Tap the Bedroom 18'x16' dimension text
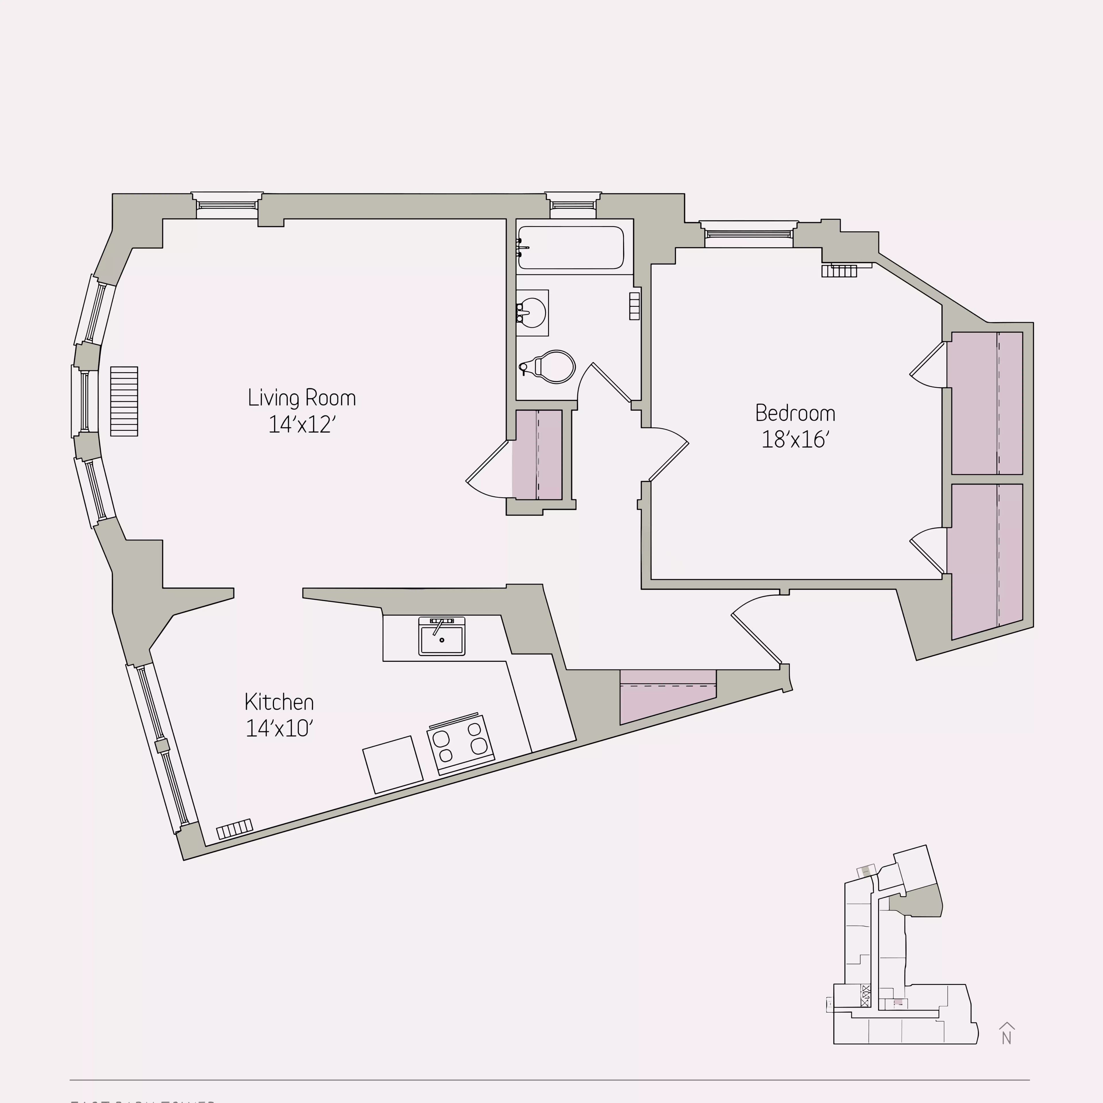[795, 439]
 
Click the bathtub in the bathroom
[570, 247]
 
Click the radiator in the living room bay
[124, 401]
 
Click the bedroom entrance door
[668, 454]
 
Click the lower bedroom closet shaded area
[987, 560]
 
